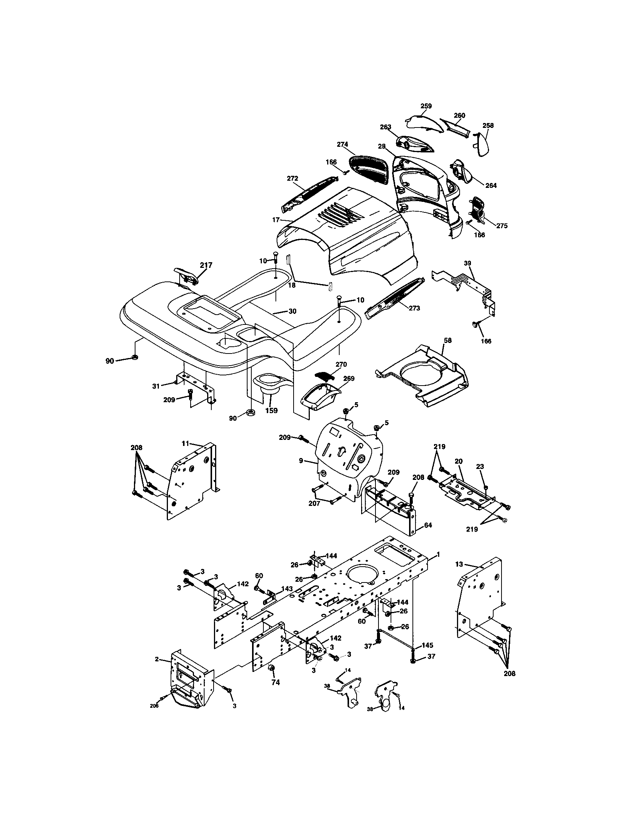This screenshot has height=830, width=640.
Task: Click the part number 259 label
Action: coord(426,106)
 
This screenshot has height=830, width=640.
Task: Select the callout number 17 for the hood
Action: coord(276,220)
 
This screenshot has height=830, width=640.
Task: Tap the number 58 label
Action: coord(448,341)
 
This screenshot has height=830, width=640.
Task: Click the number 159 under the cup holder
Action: coord(271,410)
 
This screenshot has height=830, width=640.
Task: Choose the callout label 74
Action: coord(275,682)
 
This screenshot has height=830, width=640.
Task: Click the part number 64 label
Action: coord(428,525)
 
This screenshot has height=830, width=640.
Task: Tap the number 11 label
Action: coord(185,443)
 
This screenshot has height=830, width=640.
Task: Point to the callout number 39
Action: coord(467,263)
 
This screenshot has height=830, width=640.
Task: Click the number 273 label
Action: coord(414,308)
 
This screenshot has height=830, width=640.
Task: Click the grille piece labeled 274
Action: coord(368,171)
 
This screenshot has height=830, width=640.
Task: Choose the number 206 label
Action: coord(154,706)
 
